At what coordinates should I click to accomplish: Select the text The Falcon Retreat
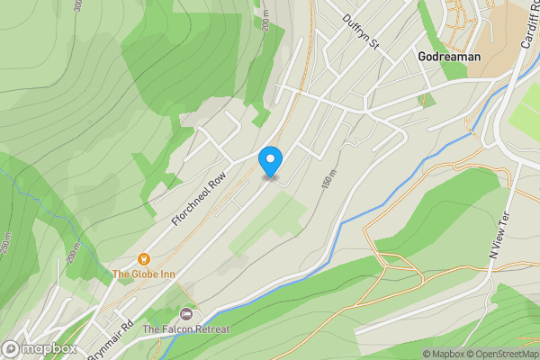tap(186, 329)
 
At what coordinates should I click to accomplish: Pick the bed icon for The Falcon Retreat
tap(186, 314)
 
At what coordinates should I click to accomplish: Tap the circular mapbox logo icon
tap(11, 348)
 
